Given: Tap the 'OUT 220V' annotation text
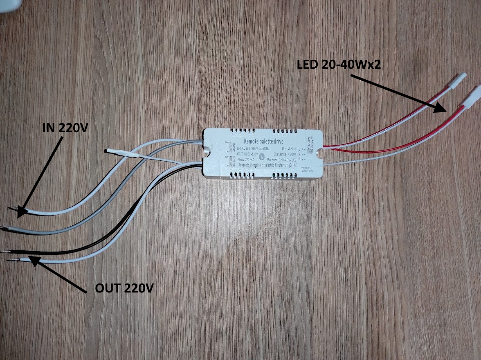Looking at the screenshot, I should tap(124, 288).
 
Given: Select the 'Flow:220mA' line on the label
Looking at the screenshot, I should tap(247, 160).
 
